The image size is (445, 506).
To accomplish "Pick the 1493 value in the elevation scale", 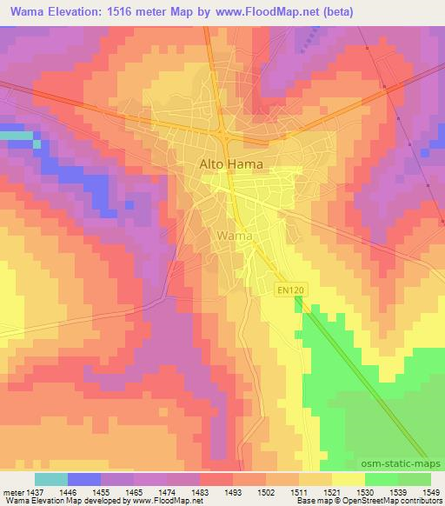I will click(231, 490).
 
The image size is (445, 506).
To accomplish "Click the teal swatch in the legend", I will click(51, 479).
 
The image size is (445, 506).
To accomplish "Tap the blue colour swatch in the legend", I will click(84, 479).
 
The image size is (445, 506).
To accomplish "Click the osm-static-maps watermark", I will click(402, 466).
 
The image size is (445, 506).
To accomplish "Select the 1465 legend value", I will click(132, 490).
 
